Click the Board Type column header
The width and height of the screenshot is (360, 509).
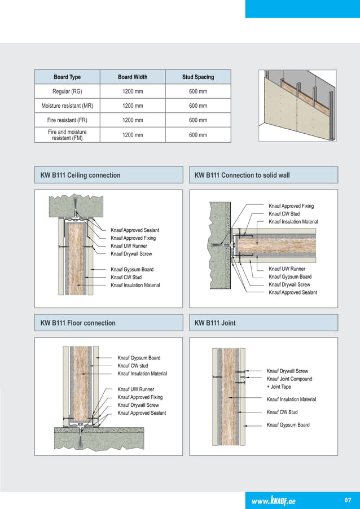(67, 77)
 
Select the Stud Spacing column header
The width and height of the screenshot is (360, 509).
(197, 77)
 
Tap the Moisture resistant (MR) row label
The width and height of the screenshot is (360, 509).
(67, 106)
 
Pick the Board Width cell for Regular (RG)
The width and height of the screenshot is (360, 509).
(133, 91)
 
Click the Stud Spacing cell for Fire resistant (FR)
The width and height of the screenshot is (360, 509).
(197, 120)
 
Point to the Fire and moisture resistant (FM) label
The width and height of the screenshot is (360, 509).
(67, 135)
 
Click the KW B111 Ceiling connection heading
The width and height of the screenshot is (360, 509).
(81, 175)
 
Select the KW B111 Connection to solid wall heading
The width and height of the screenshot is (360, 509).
(242, 175)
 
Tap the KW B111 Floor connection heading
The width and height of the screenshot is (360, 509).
(78, 323)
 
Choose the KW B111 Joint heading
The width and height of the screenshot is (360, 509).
(215, 323)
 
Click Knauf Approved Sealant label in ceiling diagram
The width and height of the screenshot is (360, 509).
(135, 230)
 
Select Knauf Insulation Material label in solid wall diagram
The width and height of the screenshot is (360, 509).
(293, 222)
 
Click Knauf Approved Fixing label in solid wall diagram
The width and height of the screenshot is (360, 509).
(291, 207)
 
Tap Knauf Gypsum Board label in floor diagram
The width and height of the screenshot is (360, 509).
(139, 358)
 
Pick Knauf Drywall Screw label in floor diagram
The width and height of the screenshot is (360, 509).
(138, 405)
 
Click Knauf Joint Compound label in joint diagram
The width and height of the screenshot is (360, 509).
(289, 379)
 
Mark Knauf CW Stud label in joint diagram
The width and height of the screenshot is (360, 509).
(282, 412)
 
